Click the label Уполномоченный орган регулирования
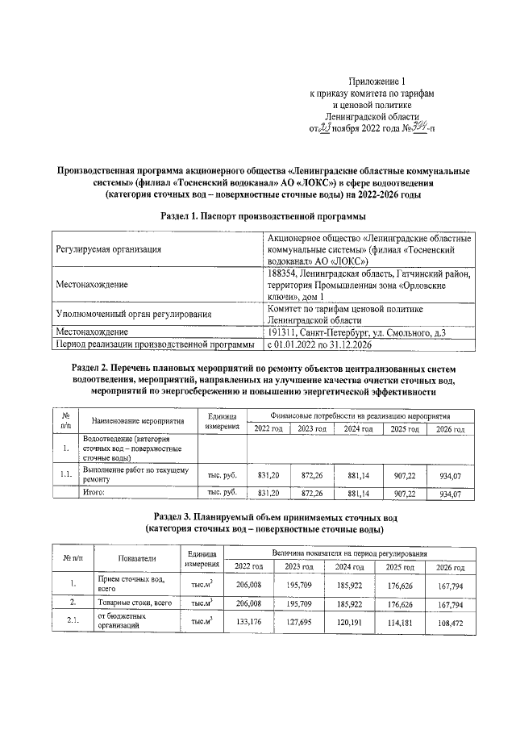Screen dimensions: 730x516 133,315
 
